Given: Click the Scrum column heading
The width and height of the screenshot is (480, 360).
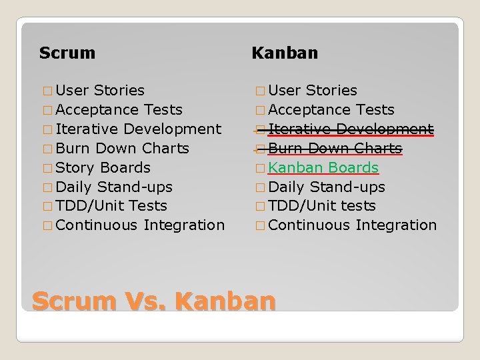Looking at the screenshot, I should coord(67,53).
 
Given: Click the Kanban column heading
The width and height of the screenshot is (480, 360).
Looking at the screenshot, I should coord(285,53).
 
